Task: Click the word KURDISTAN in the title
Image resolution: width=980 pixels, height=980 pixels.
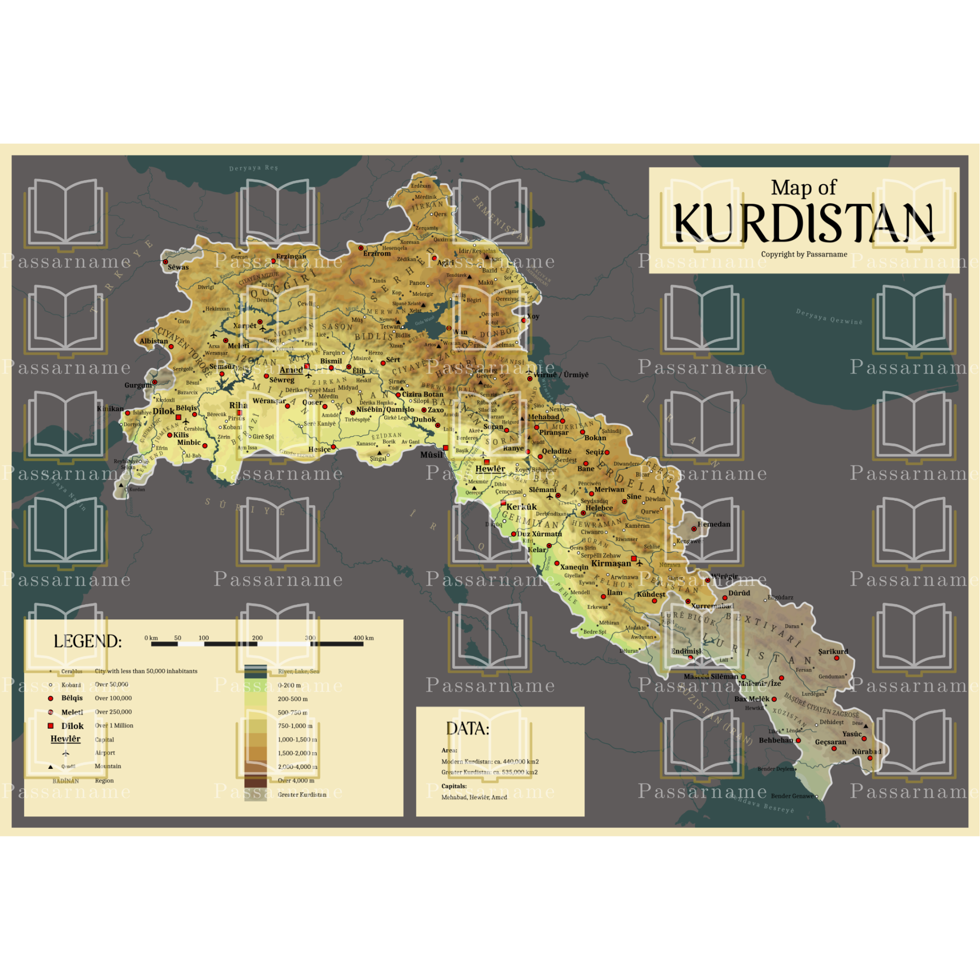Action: pyautogui.click(x=804, y=223)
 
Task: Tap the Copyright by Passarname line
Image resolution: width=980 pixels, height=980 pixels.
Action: pyautogui.click(x=804, y=254)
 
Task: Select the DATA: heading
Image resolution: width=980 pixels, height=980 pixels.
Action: pyautogui.click(x=467, y=729)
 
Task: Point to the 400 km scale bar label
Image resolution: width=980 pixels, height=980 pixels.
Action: pyautogui.click(x=363, y=637)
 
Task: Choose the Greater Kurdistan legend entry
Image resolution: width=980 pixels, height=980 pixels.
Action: pyautogui.click(x=302, y=794)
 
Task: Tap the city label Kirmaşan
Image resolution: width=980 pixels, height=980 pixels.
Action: pyautogui.click(x=611, y=563)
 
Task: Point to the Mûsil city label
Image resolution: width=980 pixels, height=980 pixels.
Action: pyautogui.click(x=431, y=455)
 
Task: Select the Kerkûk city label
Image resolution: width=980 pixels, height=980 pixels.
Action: pyautogui.click(x=521, y=507)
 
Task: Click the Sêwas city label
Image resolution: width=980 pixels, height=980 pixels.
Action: pyautogui.click(x=178, y=268)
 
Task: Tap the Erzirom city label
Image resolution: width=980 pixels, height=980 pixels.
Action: pyautogui.click(x=377, y=254)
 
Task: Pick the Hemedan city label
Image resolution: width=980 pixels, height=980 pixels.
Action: pyautogui.click(x=714, y=524)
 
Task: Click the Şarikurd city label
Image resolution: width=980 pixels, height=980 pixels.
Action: pyautogui.click(x=833, y=652)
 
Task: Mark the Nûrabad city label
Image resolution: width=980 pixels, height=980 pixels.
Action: pyautogui.click(x=866, y=752)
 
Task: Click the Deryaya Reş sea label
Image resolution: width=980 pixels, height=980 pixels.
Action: pyautogui.click(x=253, y=168)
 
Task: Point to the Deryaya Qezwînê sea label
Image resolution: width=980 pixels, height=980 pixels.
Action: pyautogui.click(x=829, y=317)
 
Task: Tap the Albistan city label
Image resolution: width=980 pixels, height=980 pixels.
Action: pyautogui.click(x=154, y=341)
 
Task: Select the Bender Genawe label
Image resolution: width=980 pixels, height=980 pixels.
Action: pyautogui.click(x=792, y=796)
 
